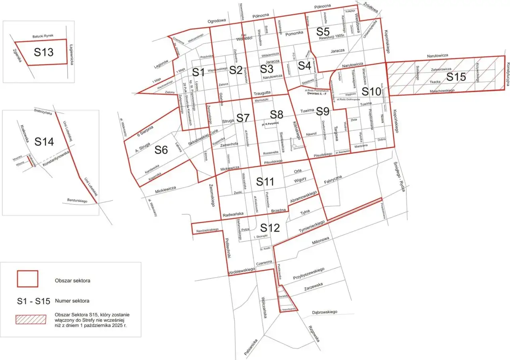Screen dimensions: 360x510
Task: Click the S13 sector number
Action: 43,52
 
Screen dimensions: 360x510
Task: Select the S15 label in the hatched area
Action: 456,77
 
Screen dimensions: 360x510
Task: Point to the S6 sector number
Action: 161,150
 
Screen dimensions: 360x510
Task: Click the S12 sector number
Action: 270,228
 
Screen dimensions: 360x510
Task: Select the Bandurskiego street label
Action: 77,201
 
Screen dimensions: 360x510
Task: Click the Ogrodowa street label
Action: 216,21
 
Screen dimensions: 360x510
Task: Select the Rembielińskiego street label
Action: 207,230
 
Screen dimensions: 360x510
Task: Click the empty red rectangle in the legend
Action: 27,279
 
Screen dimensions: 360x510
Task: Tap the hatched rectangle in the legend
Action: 27,319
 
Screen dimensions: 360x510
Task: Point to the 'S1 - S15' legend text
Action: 33,301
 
